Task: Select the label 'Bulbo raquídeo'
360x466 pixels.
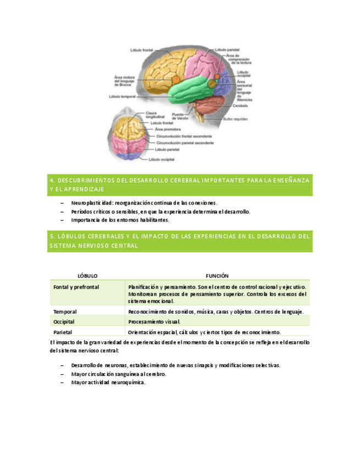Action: coord(237,119)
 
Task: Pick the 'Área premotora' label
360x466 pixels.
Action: coord(169,129)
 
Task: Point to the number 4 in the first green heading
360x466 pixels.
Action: coord(51,180)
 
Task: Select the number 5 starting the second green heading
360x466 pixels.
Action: coord(51,236)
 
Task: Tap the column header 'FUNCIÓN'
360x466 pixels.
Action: coord(217,275)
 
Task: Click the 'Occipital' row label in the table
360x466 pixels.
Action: coord(64,321)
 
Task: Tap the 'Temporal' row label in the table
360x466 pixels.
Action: coord(65,312)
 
